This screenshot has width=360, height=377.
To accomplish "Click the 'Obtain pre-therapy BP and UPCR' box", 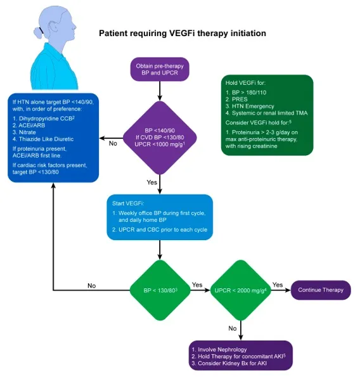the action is [160, 69].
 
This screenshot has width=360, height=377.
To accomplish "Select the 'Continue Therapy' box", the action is [321, 290].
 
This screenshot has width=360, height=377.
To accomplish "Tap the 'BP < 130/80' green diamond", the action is [160, 290].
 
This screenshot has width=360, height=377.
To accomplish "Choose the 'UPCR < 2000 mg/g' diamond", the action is [240, 290].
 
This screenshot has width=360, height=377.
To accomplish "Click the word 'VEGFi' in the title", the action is [183, 33].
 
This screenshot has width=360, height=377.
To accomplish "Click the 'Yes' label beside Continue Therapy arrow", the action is [278, 284].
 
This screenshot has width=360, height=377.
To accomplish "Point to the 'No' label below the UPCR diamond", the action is [233, 328].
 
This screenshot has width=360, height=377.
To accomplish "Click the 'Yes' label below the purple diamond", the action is [151, 182].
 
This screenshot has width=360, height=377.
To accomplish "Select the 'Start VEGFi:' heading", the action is [128, 203].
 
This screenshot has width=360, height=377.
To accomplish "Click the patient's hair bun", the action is [38, 32].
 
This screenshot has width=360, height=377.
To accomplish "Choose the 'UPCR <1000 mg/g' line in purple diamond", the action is [160, 144].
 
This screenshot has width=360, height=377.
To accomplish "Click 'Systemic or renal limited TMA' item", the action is [269, 113].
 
